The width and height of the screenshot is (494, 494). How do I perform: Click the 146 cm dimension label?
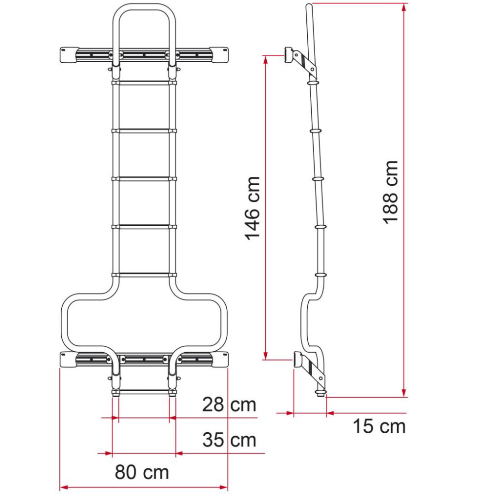pyautogui.click(x=253, y=208)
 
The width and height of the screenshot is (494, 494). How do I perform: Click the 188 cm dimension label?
pyautogui.click(x=391, y=192)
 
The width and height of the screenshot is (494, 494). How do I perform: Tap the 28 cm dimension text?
pyautogui.click(x=229, y=405)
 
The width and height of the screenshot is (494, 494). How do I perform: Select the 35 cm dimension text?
pyautogui.click(x=229, y=439)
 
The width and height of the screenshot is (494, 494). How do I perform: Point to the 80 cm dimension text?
pyautogui.click(x=142, y=472)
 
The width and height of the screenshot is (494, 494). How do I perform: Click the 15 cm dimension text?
pyautogui.click(x=379, y=426)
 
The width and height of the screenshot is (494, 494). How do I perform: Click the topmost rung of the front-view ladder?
pyautogui.click(x=144, y=83)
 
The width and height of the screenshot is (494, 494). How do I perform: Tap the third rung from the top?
pyautogui.click(x=144, y=179)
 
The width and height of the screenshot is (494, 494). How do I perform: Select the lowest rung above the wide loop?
pyautogui.click(x=144, y=275)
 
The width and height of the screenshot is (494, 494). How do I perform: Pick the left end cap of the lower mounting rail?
pyautogui.click(x=69, y=360)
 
